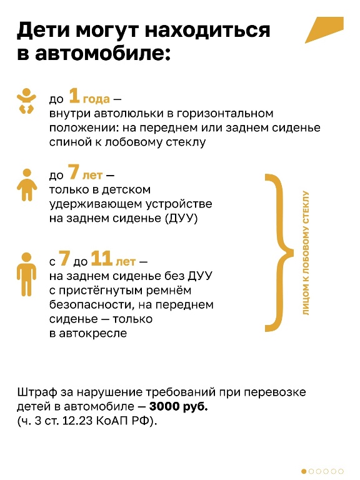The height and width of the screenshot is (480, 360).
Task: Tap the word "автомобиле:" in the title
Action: click(102, 53)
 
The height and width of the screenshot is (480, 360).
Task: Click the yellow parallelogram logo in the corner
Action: click(324, 30)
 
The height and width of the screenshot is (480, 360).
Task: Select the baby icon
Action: click(26, 101)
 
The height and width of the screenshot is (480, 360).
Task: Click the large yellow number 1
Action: click(74, 96)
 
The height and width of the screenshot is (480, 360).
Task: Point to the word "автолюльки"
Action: click(127, 114)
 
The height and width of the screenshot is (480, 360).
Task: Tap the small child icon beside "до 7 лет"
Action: click(27, 184)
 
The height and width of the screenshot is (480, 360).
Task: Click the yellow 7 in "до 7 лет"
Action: click(74, 172)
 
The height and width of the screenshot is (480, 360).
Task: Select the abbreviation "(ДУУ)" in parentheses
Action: click(181, 218)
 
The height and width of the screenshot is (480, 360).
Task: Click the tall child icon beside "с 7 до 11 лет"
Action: click(27, 274)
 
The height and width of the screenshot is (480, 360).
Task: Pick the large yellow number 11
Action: click(102, 259)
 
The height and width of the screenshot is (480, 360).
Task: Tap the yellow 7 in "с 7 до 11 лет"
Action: click(64, 259)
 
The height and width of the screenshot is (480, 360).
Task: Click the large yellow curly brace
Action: click(279, 253)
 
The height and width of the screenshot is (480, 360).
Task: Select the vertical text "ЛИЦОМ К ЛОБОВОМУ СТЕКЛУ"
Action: click(306, 253)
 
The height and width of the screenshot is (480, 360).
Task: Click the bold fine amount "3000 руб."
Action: click(179, 406)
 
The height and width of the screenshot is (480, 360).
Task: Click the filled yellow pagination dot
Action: click(304, 471)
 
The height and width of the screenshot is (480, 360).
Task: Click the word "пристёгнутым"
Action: click(101, 291)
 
